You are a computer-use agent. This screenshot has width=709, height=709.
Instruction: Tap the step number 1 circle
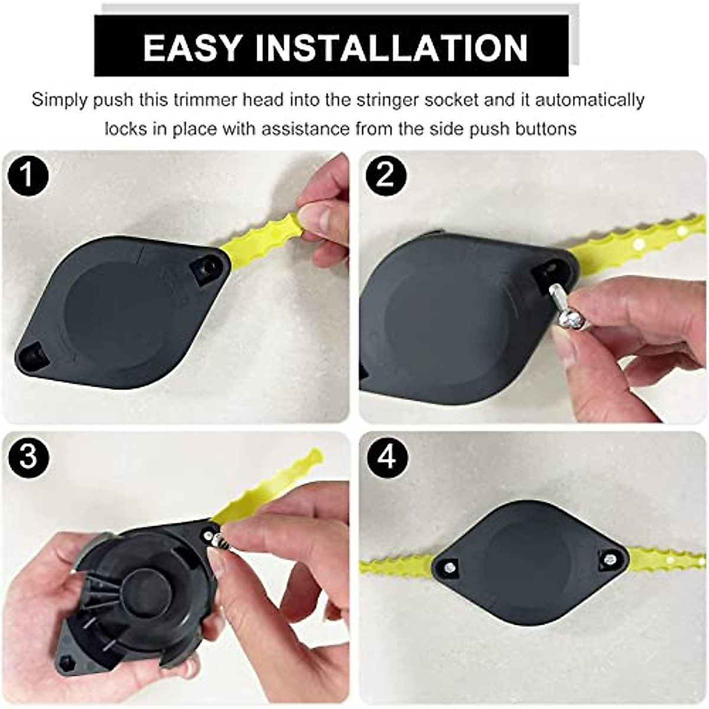[x=27, y=175]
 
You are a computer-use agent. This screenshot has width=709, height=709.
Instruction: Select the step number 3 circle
[x=27, y=458]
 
